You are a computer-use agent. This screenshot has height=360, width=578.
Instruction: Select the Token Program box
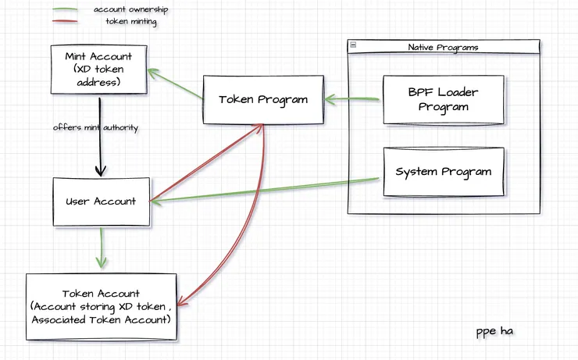pos(263,99)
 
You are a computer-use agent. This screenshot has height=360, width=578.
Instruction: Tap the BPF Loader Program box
pos(443,100)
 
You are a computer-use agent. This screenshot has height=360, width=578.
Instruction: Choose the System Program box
pos(443,172)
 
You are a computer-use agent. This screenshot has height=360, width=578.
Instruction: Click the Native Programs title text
pos(443,48)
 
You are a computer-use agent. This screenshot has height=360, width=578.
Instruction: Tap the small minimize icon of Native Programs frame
pos(353,47)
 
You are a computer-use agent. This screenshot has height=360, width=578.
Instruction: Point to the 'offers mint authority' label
pos(95,127)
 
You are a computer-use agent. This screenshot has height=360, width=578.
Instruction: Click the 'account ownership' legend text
pos(130,9)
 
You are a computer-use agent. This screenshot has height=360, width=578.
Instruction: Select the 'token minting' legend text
pos(131,22)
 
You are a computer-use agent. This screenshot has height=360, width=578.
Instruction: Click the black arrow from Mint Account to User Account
pos(100,137)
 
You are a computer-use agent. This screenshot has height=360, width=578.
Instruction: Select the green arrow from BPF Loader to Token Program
pos(353,99)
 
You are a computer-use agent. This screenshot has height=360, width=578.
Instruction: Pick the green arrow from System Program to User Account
pos(266,190)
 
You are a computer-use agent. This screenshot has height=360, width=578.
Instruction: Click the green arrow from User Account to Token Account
pos(99,248)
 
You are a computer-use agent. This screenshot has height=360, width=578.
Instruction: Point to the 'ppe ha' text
pos(494,332)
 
